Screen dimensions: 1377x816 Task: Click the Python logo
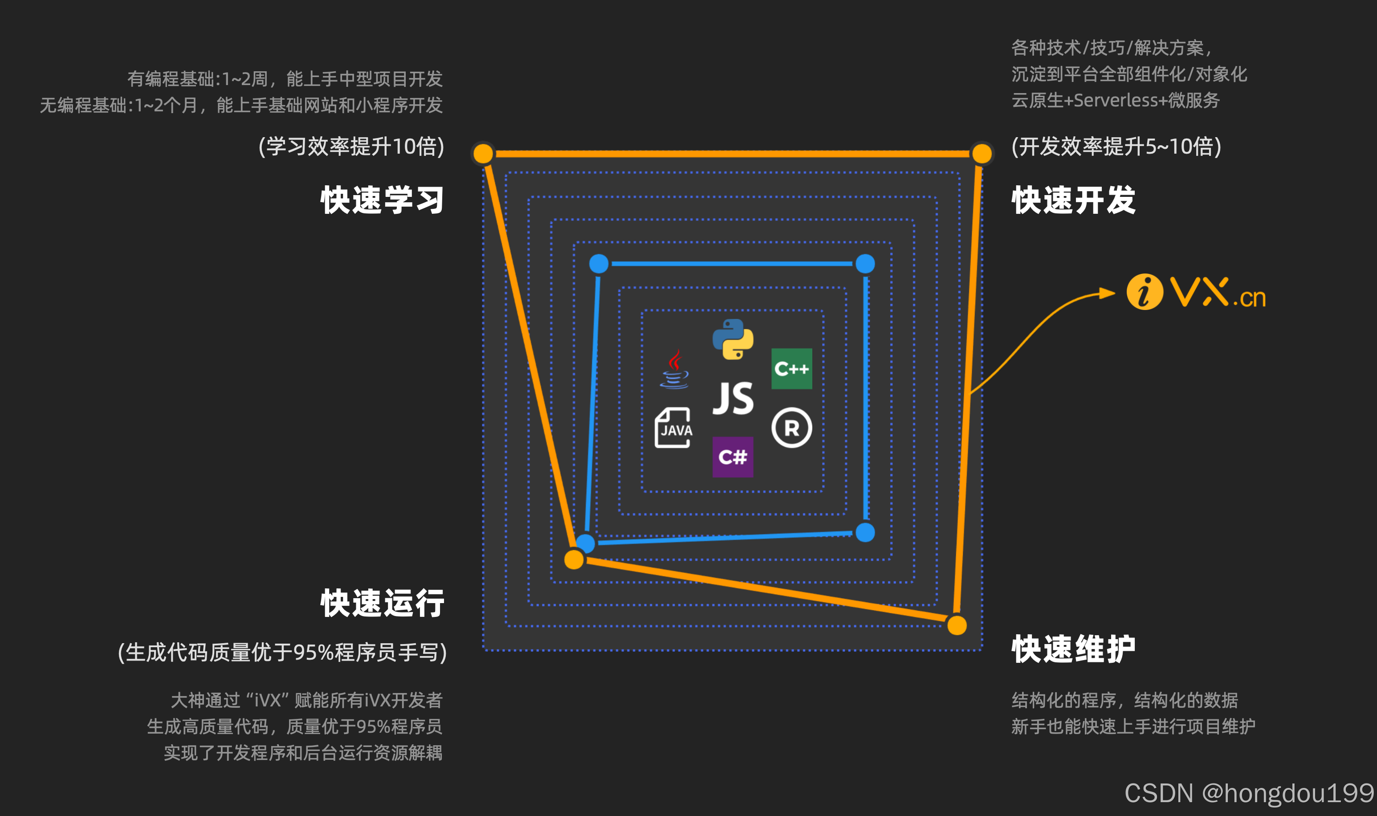(x=733, y=339)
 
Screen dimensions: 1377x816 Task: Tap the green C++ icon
(x=791, y=368)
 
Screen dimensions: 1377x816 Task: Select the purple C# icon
(x=733, y=457)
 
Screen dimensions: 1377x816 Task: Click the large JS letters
(x=733, y=398)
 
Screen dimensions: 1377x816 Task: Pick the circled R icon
(x=791, y=428)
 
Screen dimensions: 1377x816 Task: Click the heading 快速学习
(x=382, y=200)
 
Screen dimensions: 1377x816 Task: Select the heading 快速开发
(x=1074, y=200)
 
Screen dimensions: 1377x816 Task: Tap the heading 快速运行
(x=382, y=603)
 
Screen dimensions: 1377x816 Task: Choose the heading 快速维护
(x=1074, y=649)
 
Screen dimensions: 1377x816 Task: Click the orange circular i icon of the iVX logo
(x=1145, y=292)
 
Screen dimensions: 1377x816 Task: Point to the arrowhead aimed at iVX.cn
(x=1107, y=293)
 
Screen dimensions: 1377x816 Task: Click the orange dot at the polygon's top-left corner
(x=483, y=153)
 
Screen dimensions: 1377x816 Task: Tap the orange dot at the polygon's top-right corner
(x=982, y=153)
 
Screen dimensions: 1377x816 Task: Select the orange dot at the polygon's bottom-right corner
(x=957, y=625)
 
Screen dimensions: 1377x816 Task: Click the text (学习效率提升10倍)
(x=351, y=146)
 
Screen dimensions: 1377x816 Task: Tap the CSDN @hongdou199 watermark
(x=1249, y=793)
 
